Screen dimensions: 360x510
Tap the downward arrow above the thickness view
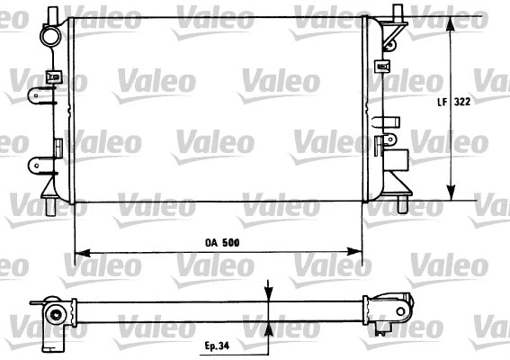[x=270, y=290]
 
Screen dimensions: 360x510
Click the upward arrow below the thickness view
[x=270, y=327]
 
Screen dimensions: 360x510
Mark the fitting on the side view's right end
[x=389, y=307]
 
